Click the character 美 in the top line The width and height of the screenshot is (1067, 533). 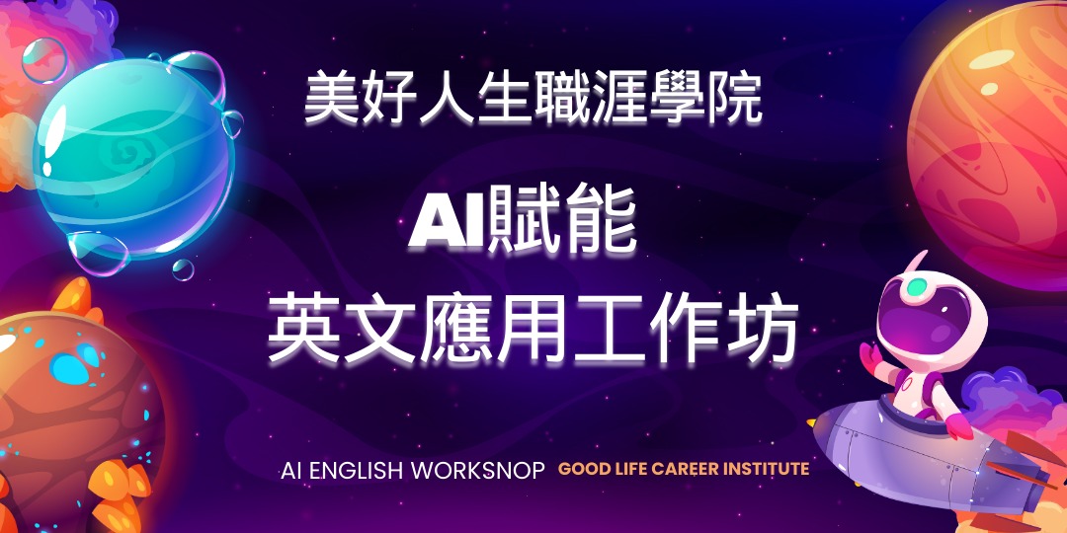click(x=332, y=98)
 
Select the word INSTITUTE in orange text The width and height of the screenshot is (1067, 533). click(x=763, y=469)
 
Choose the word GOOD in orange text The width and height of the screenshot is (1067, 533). click(x=583, y=469)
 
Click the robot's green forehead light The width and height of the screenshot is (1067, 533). click(x=918, y=287)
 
